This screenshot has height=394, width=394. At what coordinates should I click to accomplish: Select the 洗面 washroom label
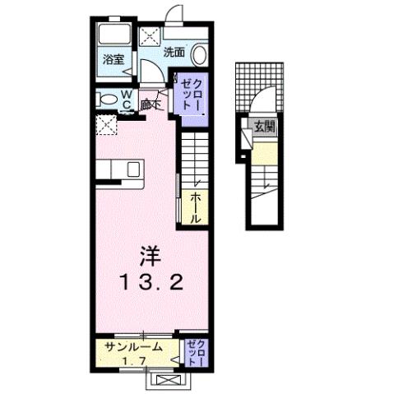173,51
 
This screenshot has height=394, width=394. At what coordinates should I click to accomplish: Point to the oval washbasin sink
200,53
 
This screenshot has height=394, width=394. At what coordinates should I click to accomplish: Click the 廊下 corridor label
150,104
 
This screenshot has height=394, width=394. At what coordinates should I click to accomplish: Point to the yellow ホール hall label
198,209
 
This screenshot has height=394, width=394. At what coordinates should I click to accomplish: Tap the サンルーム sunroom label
137,346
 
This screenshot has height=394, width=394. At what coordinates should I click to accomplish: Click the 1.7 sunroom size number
135,359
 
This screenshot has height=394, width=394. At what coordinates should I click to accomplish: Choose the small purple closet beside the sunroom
194,352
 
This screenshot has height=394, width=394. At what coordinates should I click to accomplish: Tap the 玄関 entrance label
264,127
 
